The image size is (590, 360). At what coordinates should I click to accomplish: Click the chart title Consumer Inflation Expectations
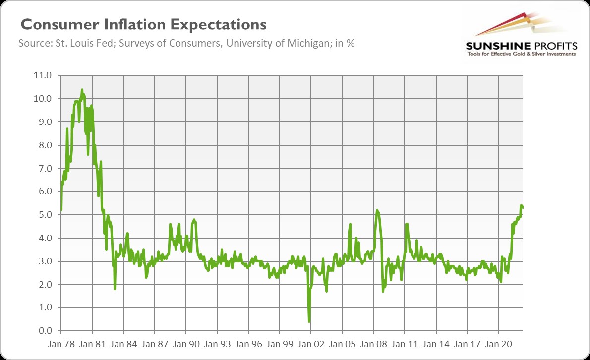143,25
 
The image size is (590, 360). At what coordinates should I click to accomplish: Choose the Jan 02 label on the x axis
310,343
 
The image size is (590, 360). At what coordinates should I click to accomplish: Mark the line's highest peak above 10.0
82,90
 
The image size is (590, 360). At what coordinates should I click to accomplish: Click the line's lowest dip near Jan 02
309,321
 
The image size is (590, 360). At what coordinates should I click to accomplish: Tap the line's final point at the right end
523,207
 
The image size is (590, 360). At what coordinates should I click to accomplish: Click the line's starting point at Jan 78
60,210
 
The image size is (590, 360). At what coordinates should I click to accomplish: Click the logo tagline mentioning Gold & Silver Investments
521,54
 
